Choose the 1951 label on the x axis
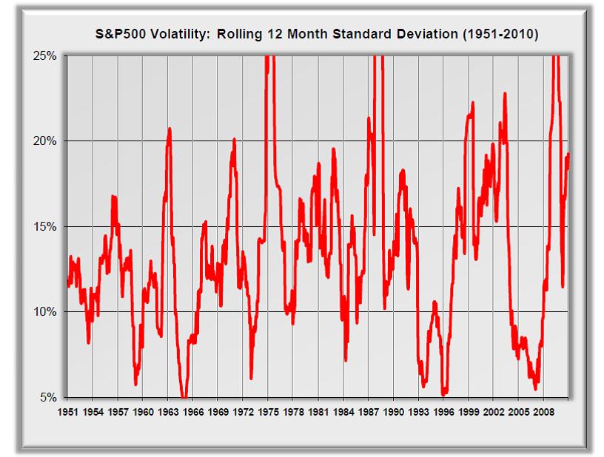[67, 411]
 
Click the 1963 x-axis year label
[168, 411]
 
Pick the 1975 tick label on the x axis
[269, 411]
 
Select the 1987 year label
[369, 411]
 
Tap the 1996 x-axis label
[444, 411]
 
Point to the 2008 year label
[544, 411]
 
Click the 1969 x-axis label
[218, 411]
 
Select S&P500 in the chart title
[121, 34]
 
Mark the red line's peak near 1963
[170, 129]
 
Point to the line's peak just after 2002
[505, 94]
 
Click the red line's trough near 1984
[346, 360]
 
